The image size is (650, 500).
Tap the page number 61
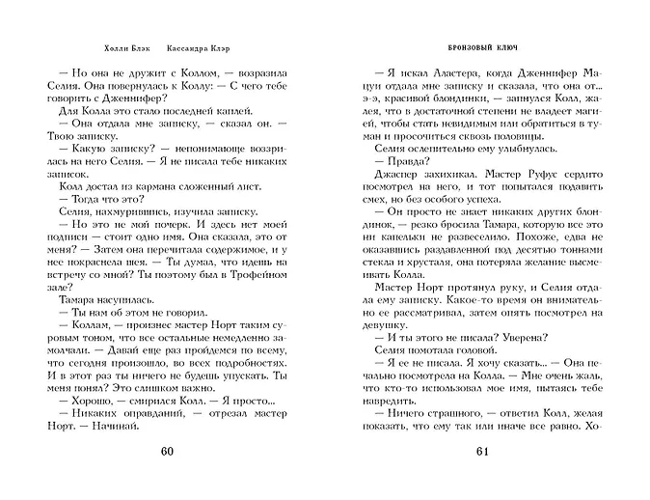click(484, 453)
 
